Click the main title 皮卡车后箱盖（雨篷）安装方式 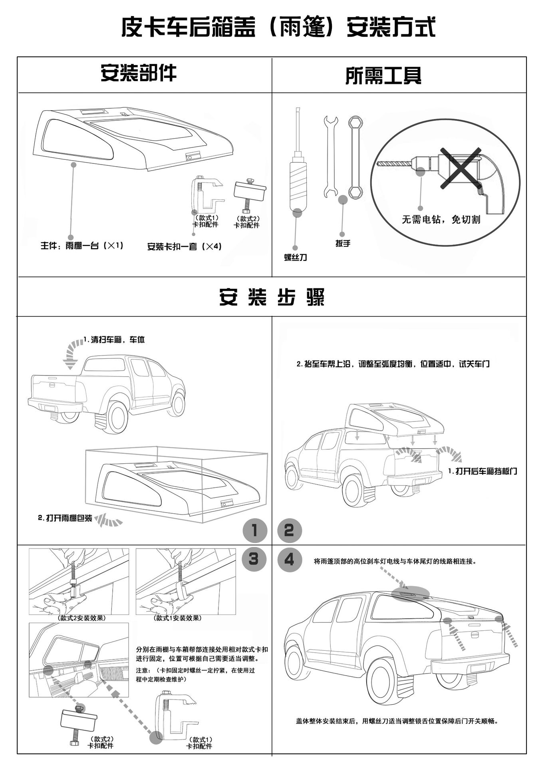coord(278,27)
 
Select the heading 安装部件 coord(138,73)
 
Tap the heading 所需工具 coord(383,75)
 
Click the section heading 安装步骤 coord(272,297)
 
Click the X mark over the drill coord(460,167)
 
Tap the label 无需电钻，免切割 coord(441,219)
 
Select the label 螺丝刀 coord(296,258)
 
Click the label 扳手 coord(343,243)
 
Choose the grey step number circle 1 coord(254,531)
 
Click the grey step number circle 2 coord(289,531)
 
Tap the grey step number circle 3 coord(254,558)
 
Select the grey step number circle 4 coord(289,558)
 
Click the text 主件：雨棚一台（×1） coord(82,245)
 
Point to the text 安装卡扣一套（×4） coord(184,246)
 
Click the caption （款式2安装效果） coord(82,618)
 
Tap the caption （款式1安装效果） coord(178,618)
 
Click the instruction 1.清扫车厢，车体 coord(114,340)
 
